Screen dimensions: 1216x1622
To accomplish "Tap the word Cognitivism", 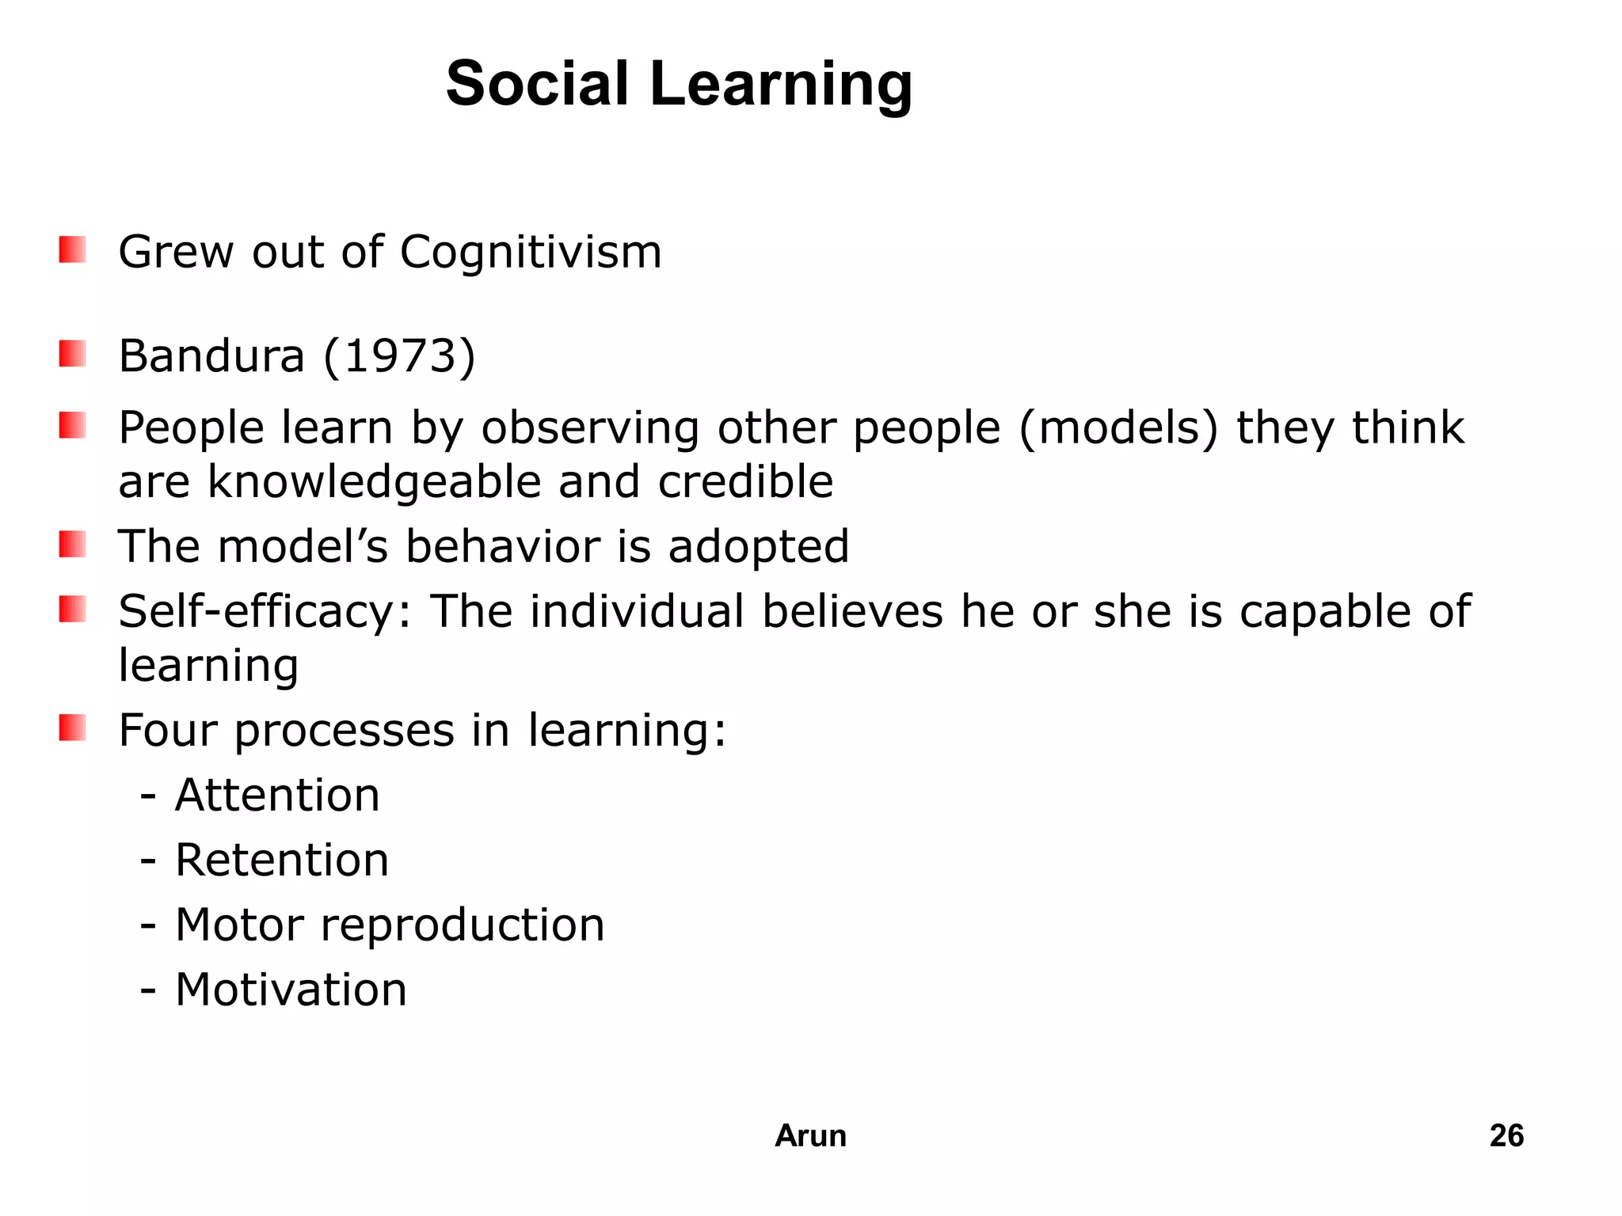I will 530,253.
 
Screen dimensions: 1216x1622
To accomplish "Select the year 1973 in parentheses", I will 400,355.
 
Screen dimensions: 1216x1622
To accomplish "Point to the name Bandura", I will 211,355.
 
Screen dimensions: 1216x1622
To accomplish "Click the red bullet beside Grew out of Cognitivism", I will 72,250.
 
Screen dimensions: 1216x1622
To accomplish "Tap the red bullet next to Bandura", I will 72,354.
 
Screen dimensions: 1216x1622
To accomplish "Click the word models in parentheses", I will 1118,428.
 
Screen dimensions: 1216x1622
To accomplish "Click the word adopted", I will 758,547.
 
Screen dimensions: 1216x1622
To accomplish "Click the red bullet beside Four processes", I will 72,728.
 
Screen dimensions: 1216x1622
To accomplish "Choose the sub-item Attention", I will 277,795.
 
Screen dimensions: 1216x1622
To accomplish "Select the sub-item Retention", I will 282,860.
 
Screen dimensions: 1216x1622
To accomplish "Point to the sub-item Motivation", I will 291,990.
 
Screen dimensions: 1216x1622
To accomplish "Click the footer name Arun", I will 810,1136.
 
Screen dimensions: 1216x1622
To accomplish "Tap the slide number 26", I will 1506,1136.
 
